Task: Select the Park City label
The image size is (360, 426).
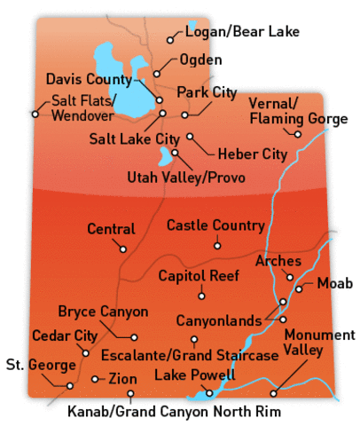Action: [x=206, y=91]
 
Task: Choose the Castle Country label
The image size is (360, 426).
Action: [x=215, y=225]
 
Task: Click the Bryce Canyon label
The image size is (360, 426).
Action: [x=103, y=312]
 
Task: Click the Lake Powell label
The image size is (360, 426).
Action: [x=194, y=376]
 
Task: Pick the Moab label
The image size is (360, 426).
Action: [x=335, y=283]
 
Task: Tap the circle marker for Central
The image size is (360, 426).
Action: [x=123, y=248]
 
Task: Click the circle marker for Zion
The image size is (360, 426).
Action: [x=95, y=379]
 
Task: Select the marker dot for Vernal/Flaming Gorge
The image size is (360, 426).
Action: [x=299, y=134]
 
